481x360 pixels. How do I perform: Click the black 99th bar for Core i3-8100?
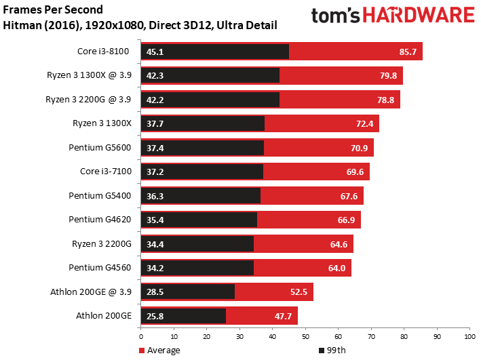click(215, 52)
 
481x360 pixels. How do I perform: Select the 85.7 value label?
click(408, 52)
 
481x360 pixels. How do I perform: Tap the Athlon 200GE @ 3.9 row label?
click(91, 292)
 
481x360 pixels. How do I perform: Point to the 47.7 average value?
click(283, 316)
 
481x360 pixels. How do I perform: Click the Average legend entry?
click(159, 351)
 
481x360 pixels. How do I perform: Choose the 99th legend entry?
click(332, 351)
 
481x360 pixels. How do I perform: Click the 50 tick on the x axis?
click(305, 337)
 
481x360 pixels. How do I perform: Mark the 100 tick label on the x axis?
click(469, 337)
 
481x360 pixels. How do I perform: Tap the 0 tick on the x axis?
click(141, 337)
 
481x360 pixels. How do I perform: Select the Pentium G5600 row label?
click(100, 148)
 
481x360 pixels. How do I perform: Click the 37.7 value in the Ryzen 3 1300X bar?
click(155, 123)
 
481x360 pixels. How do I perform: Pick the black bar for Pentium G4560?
click(197, 268)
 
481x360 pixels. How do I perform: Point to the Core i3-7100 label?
click(106, 171)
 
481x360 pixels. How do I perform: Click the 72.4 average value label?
click(364, 123)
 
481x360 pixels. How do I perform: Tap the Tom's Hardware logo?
click(393, 15)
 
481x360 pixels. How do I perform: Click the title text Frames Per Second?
click(53, 9)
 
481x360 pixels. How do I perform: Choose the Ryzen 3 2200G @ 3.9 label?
click(88, 100)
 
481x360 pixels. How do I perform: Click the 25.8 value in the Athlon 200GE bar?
click(155, 316)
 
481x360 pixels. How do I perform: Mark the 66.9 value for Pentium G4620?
click(346, 220)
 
